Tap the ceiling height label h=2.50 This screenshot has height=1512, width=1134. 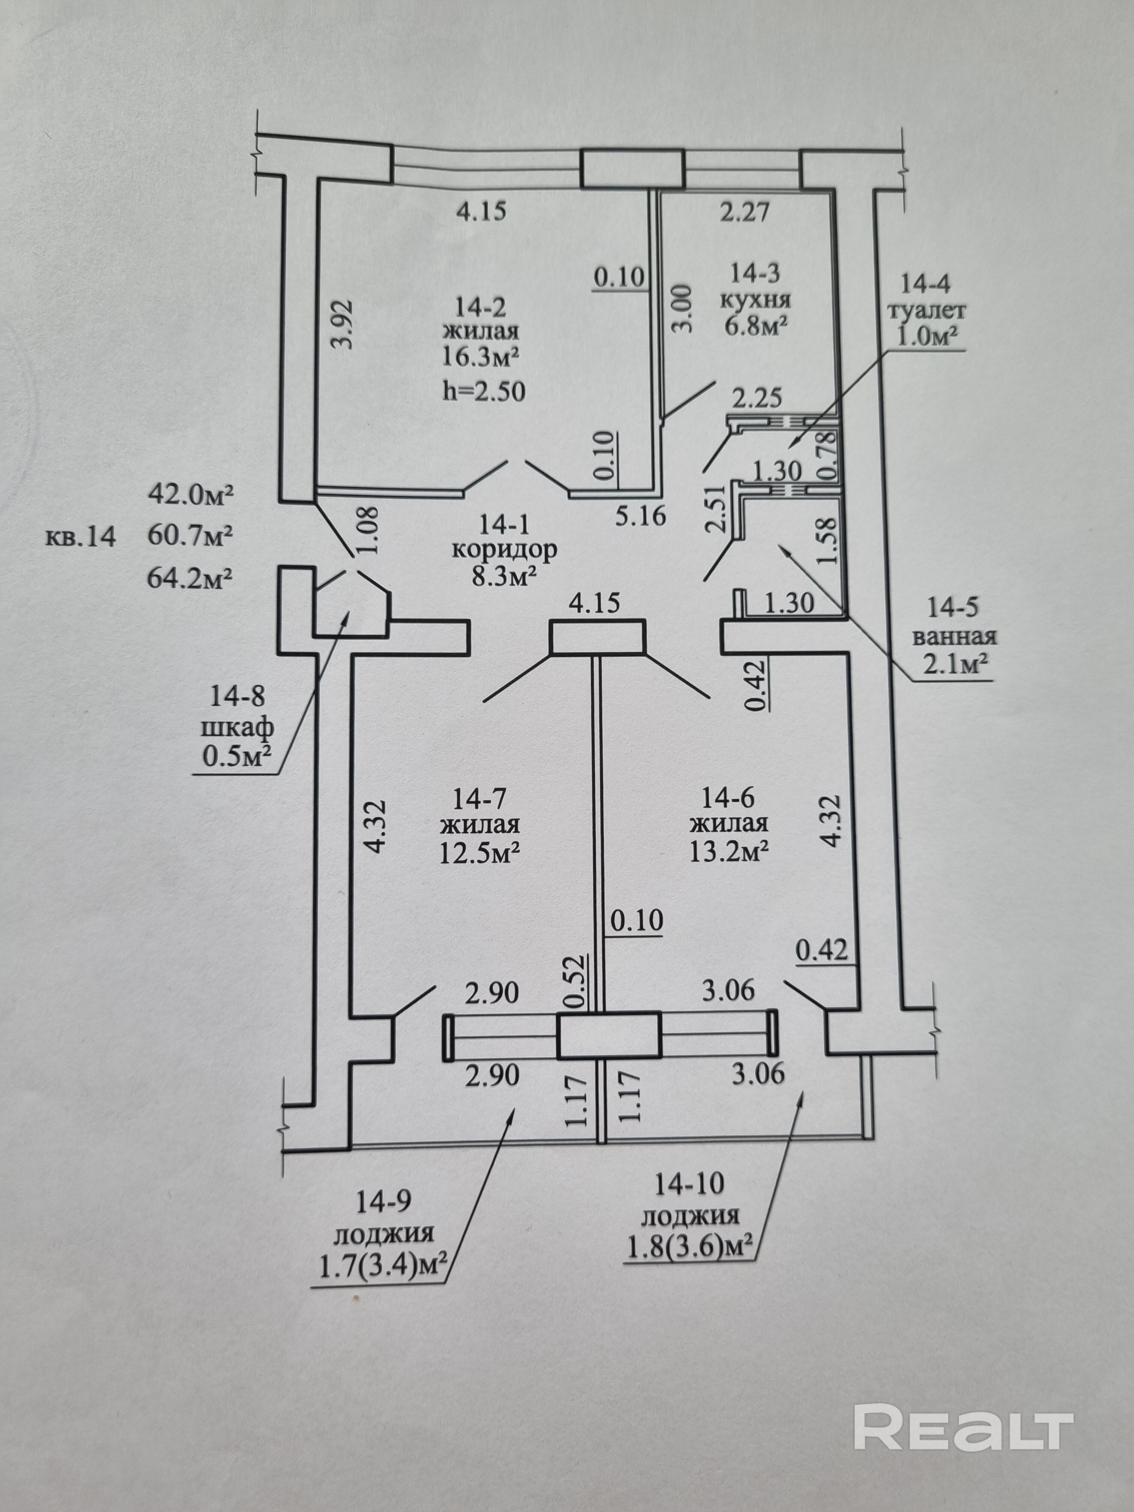tap(484, 391)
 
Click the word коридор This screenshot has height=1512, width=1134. tap(504, 549)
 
